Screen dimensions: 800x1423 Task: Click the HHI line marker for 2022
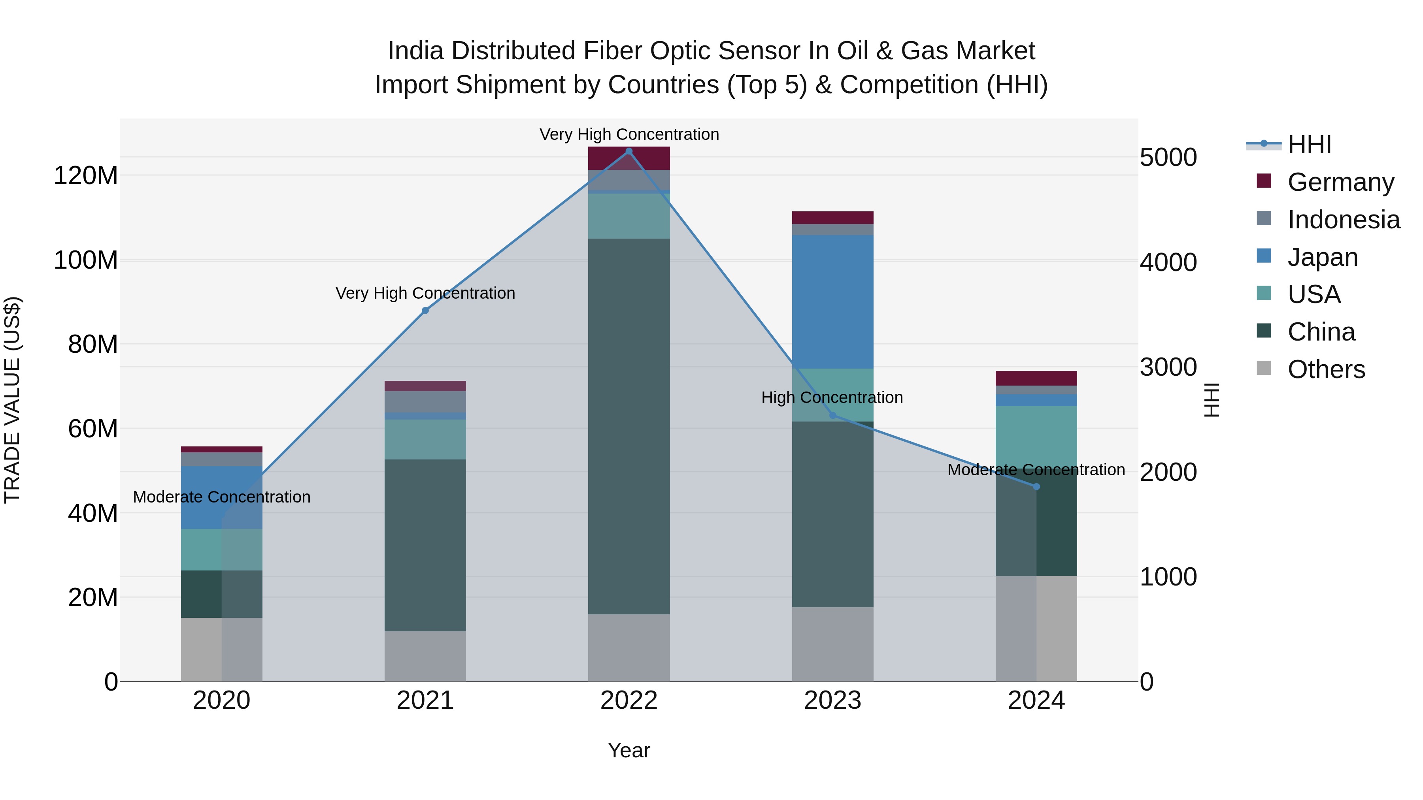coord(628,151)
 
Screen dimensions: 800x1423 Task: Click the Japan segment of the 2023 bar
coord(832,302)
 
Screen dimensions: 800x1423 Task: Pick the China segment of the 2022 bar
coord(628,426)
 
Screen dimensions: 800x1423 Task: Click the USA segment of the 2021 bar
coord(425,439)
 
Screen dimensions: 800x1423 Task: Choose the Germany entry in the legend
coord(1341,182)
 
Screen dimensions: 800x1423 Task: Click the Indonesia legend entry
coord(1344,219)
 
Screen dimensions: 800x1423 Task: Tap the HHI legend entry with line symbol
coord(1309,145)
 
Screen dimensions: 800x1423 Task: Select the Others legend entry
coord(1326,369)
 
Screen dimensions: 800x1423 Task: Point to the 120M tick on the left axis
coord(86,175)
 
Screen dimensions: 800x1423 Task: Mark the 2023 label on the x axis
coord(832,700)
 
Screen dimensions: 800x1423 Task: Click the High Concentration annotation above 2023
coord(832,397)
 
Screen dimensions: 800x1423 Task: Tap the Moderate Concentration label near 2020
coord(221,497)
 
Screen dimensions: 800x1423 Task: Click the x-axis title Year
coord(628,750)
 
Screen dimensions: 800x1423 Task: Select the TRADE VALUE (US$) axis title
coord(12,400)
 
